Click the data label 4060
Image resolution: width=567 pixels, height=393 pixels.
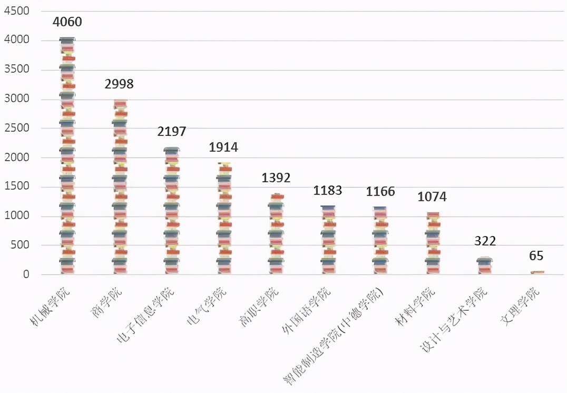(67, 22)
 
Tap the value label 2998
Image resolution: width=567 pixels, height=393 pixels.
(119, 84)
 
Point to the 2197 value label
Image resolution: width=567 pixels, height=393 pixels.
(172, 131)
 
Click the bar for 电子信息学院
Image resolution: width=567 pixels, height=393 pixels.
(172, 211)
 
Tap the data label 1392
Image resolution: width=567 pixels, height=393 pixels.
(276, 178)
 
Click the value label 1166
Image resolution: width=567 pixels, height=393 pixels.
(380, 192)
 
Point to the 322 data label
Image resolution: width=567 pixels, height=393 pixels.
(485, 241)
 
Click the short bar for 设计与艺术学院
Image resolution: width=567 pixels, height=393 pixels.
(484, 266)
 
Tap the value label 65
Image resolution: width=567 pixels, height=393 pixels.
(536, 256)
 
